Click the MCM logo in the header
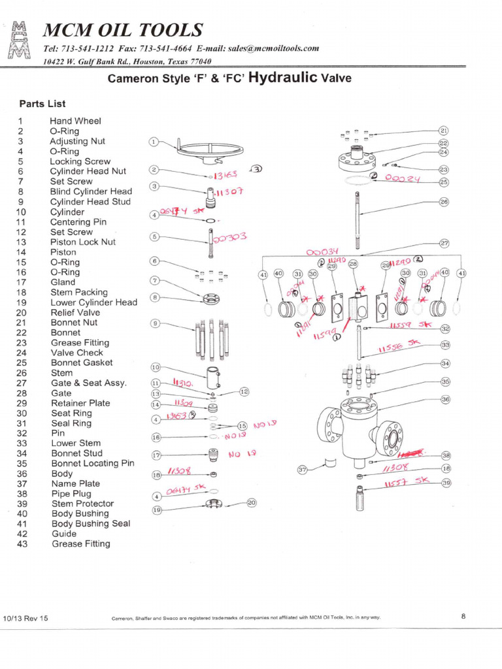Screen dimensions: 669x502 pyautogui.click(x=17, y=41)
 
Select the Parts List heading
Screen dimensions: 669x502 pyautogui.click(x=42, y=104)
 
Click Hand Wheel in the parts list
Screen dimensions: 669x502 pyautogui.click(x=75, y=121)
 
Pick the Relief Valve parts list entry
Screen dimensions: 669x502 pyautogui.click(x=75, y=312)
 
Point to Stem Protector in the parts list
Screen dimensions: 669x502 pyautogui.click(x=82, y=504)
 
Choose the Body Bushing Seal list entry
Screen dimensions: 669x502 pyautogui.click(x=90, y=523)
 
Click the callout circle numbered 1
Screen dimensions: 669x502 pyautogui.click(x=154, y=141)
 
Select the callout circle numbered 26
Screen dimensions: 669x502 pyautogui.click(x=444, y=202)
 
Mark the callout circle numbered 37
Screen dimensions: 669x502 pyautogui.click(x=303, y=469)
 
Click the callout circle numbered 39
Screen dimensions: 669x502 pyautogui.click(x=446, y=483)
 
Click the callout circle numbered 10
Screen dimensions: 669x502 pyautogui.click(x=156, y=368)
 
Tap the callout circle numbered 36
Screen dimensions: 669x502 pyautogui.click(x=446, y=399)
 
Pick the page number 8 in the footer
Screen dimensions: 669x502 pyautogui.click(x=463, y=615)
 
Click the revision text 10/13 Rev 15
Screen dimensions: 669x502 pyautogui.click(x=25, y=617)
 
